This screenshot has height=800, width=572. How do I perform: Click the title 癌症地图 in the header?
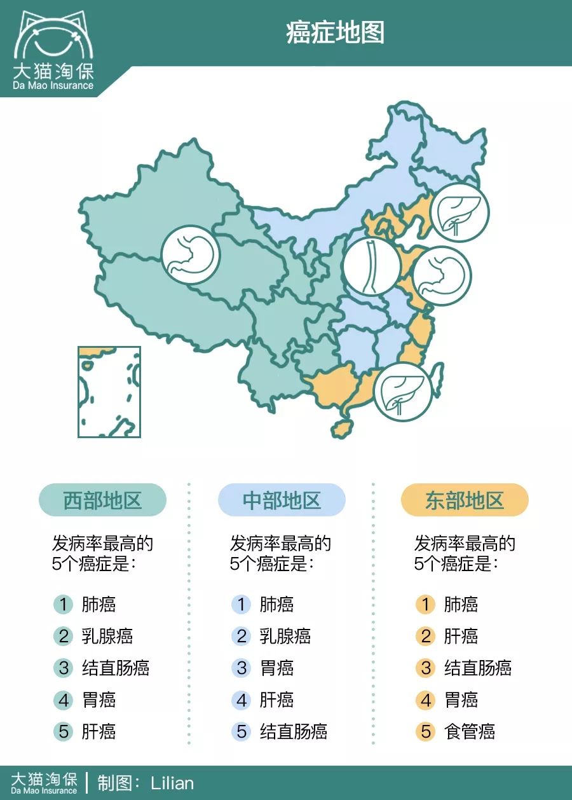[x=335, y=32]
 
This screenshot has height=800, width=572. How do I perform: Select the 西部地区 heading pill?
[x=102, y=500]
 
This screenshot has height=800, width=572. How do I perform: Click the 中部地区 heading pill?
[x=282, y=500]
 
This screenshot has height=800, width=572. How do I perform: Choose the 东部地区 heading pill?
[x=465, y=500]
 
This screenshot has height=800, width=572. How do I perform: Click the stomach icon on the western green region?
[x=190, y=255]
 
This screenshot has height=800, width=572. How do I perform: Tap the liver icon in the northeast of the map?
[x=460, y=212]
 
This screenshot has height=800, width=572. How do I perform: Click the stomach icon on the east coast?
[x=442, y=275]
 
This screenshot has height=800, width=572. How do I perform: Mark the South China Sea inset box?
[x=109, y=392]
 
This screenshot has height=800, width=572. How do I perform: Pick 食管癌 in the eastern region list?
[x=470, y=731]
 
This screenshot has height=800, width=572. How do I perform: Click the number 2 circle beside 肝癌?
[x=426, y=636]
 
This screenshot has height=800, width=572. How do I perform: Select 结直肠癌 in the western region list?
[x=116, y=668]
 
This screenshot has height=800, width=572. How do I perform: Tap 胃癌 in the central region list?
[x=276, y=668]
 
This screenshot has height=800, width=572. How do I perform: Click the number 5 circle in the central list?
[x=242, y=731]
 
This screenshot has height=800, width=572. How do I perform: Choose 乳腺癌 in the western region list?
[x=107, y=636]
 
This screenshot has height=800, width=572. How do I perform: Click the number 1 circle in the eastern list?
[x=426, y=604]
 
